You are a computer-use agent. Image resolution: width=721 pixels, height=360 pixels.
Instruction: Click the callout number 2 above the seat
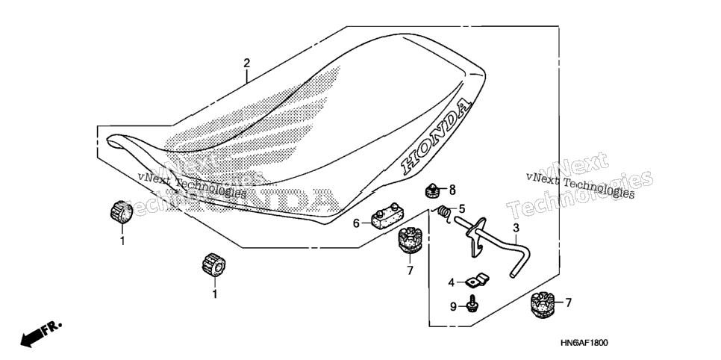tap(247, 63)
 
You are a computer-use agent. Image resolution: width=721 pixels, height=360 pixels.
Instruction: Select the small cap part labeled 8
tap(431, 189)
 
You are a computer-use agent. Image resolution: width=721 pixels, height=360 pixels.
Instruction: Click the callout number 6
tap(356, 224)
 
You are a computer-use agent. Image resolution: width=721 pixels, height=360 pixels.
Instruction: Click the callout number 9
tap(453, 307)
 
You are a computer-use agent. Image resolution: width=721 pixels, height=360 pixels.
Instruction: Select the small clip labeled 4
tap(477, 280)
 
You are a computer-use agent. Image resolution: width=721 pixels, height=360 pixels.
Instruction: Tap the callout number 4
tap(452, 282)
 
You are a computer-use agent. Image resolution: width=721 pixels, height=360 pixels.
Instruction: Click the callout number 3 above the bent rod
tap(516, 227)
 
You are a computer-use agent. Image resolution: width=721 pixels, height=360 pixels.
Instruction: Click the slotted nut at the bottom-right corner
tap(542, 305)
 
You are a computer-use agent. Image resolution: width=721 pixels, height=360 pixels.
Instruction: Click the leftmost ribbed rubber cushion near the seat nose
tap(122, 212)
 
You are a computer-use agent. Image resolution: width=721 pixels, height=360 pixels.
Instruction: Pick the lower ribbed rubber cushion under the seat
tap(213, 264)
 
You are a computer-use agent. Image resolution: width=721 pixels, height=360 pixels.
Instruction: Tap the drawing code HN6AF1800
tap(584, 343)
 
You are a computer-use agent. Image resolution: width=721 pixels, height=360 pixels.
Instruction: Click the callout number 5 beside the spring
tap(462, 209)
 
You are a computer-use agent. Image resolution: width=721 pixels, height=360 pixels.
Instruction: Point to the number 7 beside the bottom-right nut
tap(568, 303)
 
